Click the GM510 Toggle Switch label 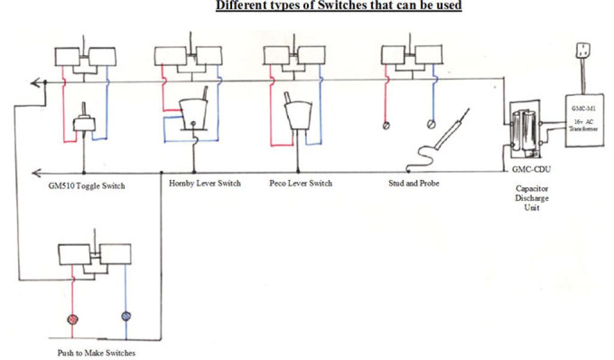point(86,186)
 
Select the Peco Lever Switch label point(300,183)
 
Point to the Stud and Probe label point(414,183)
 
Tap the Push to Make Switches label point(96,353)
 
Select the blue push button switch point(126,316)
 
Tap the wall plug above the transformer point(580,50)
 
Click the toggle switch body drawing point(81,124)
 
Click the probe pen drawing point(452,131)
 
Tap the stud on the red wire point(387,126)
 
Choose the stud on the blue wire point(430,125)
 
